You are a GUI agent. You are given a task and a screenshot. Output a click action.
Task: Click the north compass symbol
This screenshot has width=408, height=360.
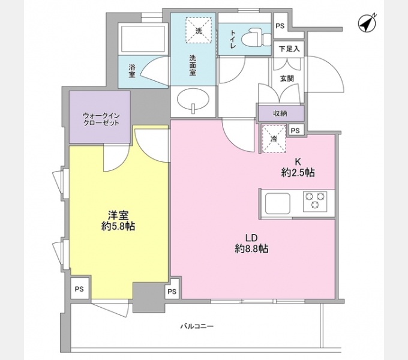click(x=367, y=23)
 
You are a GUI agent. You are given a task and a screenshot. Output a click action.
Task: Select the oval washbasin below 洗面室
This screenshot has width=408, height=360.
click(x=193, y=100)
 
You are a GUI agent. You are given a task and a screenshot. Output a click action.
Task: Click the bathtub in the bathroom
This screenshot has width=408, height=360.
click(x=143, y=39)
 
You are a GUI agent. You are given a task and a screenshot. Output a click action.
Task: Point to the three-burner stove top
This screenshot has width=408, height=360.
click(x=315, y=202)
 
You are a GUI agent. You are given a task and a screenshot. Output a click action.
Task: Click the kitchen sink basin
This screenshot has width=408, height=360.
click(x=277, y=203)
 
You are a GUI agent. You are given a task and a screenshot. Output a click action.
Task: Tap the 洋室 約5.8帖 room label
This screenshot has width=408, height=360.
click(x=118, y=221)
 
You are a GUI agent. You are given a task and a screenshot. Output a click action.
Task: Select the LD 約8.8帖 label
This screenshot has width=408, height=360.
click(x=251, y=244)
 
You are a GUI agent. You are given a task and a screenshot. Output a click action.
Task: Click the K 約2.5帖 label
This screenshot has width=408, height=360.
click(x=298, y=167)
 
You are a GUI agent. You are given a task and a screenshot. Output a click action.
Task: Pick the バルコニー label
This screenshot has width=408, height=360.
click(x=197, y=326)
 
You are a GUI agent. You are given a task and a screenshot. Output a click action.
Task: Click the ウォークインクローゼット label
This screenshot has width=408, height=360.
click(x=101, y=119)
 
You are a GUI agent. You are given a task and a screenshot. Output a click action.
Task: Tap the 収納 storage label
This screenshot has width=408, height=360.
click(x=280, y=113)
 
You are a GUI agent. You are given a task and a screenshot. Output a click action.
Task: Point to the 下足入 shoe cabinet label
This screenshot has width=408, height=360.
click(x=289, y=49)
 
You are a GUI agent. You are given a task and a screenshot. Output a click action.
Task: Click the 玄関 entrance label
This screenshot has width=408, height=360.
click(x=287, y=79)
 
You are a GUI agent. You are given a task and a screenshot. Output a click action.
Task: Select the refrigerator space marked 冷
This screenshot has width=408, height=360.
click(x=274, y=139)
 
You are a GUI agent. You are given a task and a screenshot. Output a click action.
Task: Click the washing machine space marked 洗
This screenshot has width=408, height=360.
click(x=199, y=30)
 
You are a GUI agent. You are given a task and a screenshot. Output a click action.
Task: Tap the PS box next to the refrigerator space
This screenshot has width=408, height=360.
click(x=295, y=130)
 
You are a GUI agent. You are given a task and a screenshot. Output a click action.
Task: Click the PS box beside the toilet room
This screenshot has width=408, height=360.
click(x=280, y=26)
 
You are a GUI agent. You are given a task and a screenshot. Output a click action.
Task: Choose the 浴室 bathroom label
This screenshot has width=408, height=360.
click(x=132, y=71)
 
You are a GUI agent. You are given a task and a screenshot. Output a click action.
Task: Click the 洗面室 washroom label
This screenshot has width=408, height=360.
click(x=193, y=65)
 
